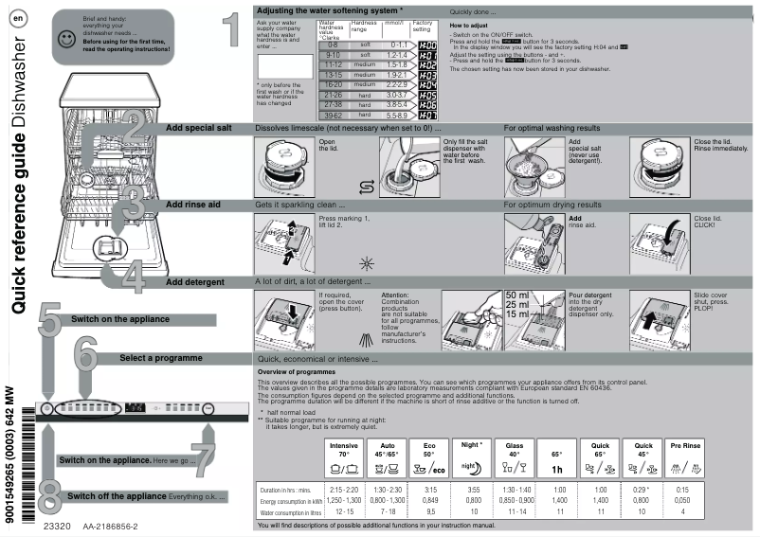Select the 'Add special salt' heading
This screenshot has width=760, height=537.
(x=198, y=127)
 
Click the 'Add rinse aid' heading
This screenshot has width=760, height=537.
(x=194, y=205)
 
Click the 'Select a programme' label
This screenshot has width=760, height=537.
(x=160, y=359)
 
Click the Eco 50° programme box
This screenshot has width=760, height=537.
(x=430, y=456)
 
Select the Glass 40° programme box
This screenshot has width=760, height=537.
(x=516, y=456)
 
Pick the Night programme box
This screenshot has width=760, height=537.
(x=472, y=456)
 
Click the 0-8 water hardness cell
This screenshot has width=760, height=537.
(x=334, y=45)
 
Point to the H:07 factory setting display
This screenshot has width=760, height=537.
(x=427, y=115)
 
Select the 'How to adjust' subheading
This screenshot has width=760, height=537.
(x=469, y=25)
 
